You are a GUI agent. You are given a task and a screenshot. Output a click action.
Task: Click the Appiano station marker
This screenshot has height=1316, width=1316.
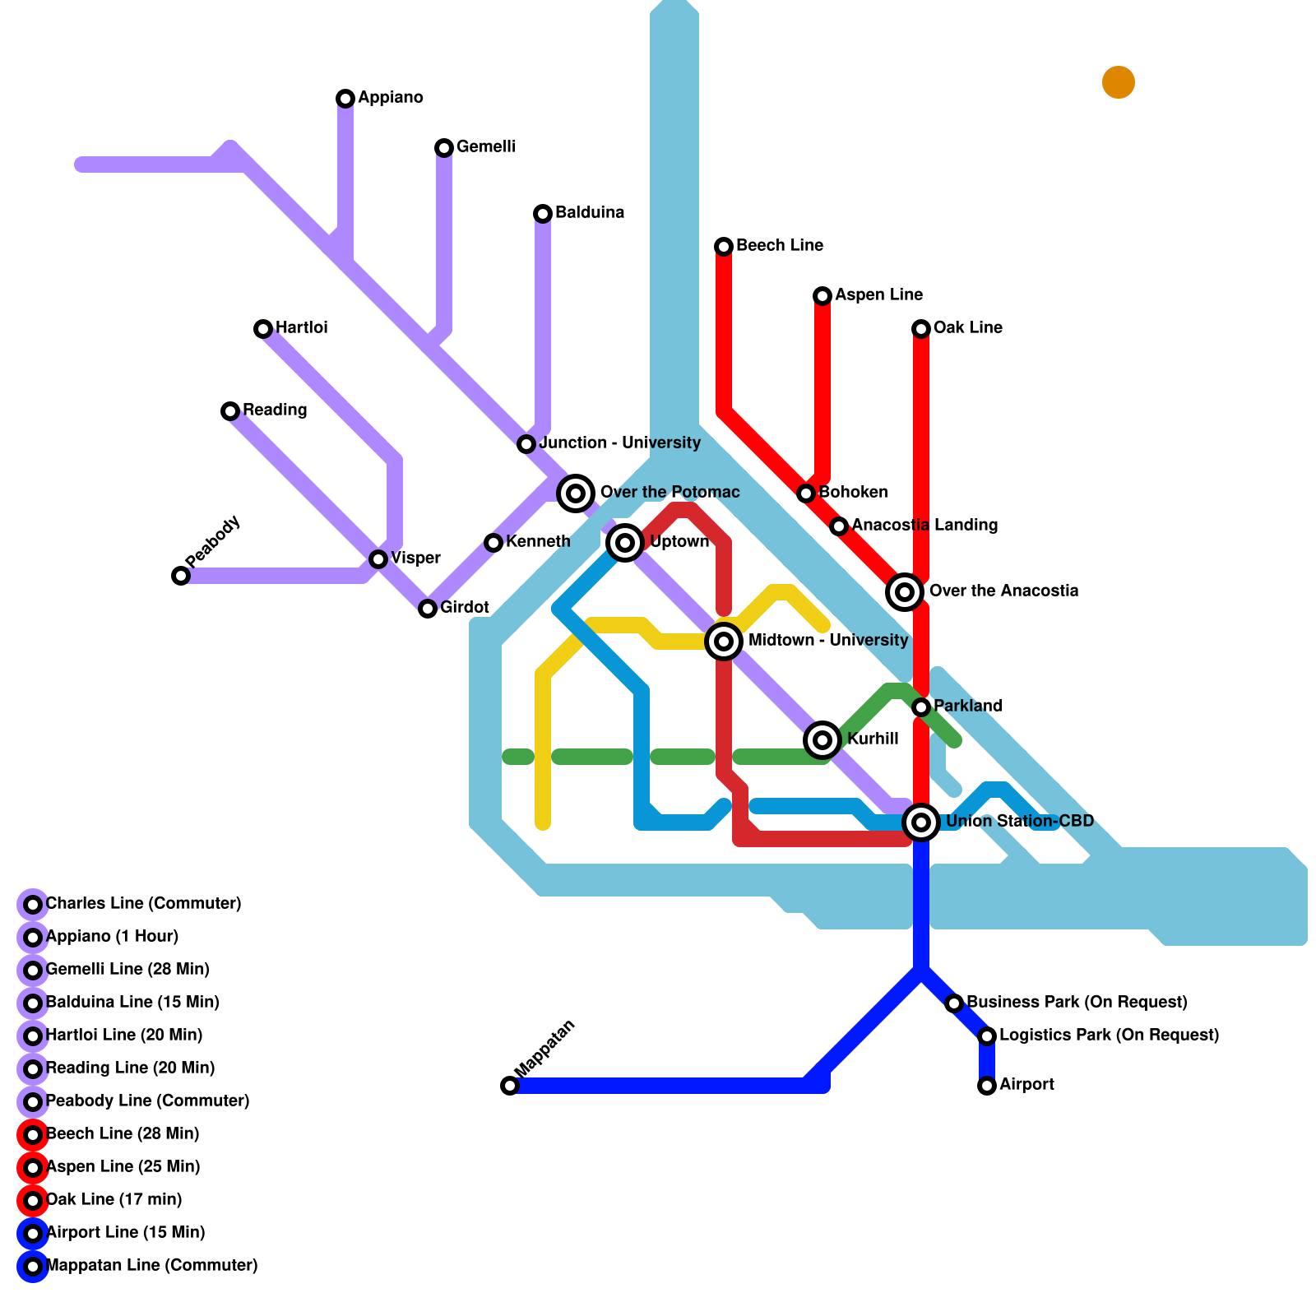click(345, 99)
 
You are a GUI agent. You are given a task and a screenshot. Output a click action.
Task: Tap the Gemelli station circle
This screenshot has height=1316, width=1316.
click(444, 148)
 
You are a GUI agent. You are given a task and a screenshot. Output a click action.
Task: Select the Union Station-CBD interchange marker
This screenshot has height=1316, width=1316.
click(921, 822)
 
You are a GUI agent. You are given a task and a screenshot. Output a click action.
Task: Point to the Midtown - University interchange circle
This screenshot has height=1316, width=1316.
click(724, 641)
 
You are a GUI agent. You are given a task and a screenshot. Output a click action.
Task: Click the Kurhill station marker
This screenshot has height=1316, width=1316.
click(822, 739)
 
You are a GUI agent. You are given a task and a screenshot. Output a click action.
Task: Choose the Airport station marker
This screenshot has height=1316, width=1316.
click(987, 1086)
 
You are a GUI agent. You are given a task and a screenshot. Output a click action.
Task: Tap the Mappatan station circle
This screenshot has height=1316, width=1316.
click(510, 1086)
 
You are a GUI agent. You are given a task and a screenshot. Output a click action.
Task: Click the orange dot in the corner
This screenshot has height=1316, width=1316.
click(1119, 82)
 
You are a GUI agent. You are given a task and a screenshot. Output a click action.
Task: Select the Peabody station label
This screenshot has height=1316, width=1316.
click(213, 540)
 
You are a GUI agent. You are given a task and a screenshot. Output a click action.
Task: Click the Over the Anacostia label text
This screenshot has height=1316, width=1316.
click(1003, 591)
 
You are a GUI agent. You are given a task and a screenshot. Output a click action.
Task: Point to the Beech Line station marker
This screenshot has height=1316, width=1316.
click(724, 247)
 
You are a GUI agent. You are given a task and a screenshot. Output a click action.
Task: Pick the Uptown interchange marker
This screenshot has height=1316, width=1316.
click(625, 542)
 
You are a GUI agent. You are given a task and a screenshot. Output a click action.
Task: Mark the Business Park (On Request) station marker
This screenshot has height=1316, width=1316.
click(954, 1003)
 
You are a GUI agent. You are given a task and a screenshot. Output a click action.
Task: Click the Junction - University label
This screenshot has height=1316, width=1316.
click(620, 443)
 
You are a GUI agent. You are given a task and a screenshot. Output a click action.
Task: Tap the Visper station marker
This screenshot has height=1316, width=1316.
click(378, 559)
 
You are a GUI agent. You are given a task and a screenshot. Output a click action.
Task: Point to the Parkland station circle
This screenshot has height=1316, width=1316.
click(921, 707)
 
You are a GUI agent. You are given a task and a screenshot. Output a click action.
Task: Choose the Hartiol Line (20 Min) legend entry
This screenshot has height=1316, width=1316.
click(123, 1035)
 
